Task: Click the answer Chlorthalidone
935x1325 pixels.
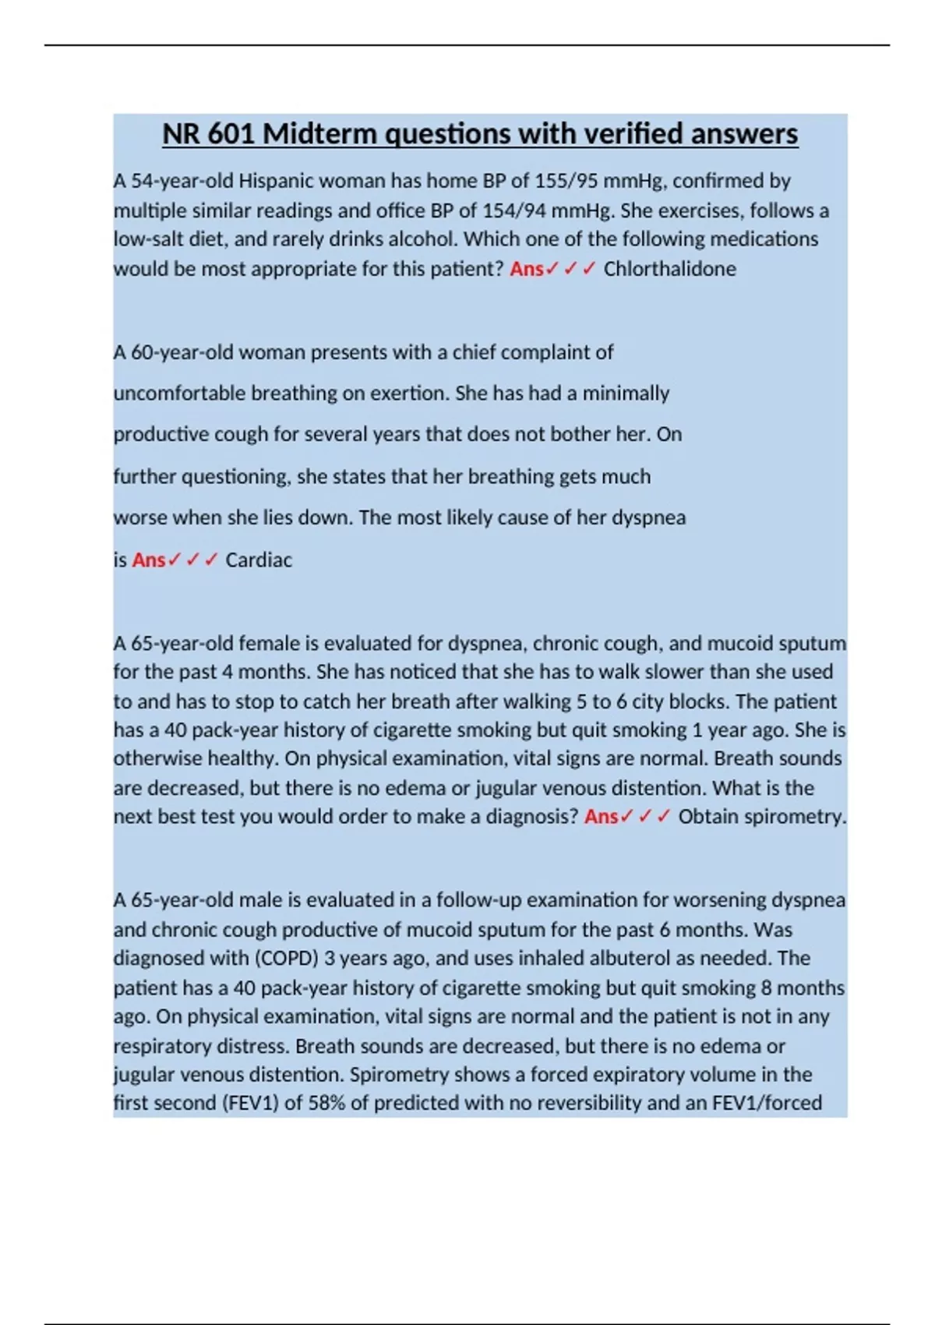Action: (x=669, y=269)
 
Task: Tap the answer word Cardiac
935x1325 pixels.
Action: (x=259, y=560)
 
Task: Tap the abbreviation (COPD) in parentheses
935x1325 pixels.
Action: (x=284, y=958)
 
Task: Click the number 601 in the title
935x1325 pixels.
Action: (x=231, y=134)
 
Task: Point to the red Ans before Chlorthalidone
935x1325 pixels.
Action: (x=527, y=269)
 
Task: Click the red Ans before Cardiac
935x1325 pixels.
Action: (x=149, y=560)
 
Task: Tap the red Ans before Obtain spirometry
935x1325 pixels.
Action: (x=601, y=817)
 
